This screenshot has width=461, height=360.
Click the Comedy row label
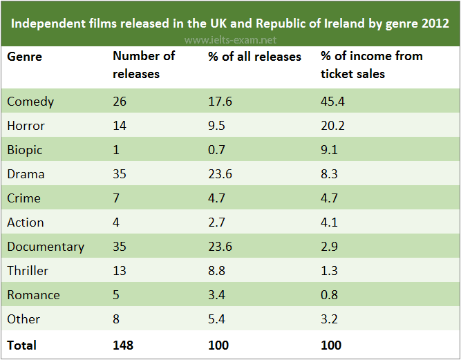pyautogui.click(x=30, y=102)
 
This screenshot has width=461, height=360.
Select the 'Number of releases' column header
pyautogui.click(x=144, y=64)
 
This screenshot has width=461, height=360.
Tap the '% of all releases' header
pyautogui.click(x=254, y=56)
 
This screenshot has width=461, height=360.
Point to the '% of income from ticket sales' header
pyautogui.click(x=372, y=64)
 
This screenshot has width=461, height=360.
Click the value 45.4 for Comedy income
pyautogui.click(x=333, y=102)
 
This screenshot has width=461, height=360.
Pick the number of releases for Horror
pyautogui.click(x=120, y=126)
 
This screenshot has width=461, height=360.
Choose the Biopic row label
pyautogui.click(x=25, y=150)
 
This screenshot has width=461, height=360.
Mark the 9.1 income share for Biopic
pyautogui.click(x=330, y=150)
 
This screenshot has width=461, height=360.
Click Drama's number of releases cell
pyautogui.click(x=120, y=174)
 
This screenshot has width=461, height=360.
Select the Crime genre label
pyautogui.click(x=24, y=198)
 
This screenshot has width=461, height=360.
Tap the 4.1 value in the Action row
pyautogui.click(x=330, y=222)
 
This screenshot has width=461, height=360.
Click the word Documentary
pyautogui.click(x=46, y=247)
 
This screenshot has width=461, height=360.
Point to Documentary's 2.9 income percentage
pyautogui.click(x=330, y=247)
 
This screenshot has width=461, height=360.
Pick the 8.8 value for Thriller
pyautogui.click(x=216, y=271)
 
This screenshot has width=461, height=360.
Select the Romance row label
pyautogui.click(x=34, y=295)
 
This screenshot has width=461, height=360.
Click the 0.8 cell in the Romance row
pyautogui.click(x=330, y=295)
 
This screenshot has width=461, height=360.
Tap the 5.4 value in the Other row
pyautogui.click(x=216, y=319)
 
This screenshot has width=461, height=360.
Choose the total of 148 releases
pyautogui.click(x=123, y=344)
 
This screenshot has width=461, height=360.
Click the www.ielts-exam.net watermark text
pyautogui.click(x=231, y=40)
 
